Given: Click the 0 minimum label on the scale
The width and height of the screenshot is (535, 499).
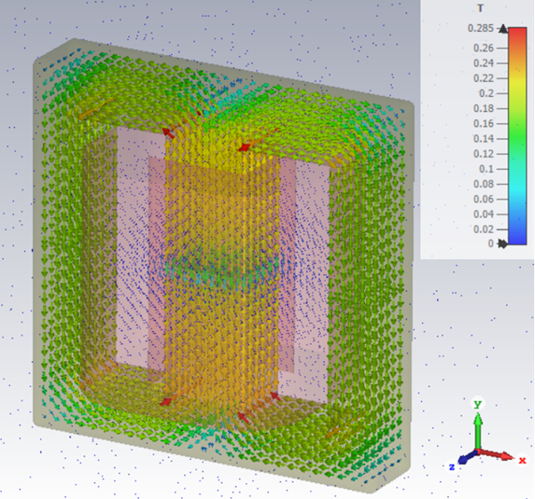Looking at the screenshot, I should (489, 243).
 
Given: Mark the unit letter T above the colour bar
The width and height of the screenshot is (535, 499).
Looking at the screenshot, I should (481, 9).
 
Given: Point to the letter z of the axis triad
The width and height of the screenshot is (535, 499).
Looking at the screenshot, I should (451, 465).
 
